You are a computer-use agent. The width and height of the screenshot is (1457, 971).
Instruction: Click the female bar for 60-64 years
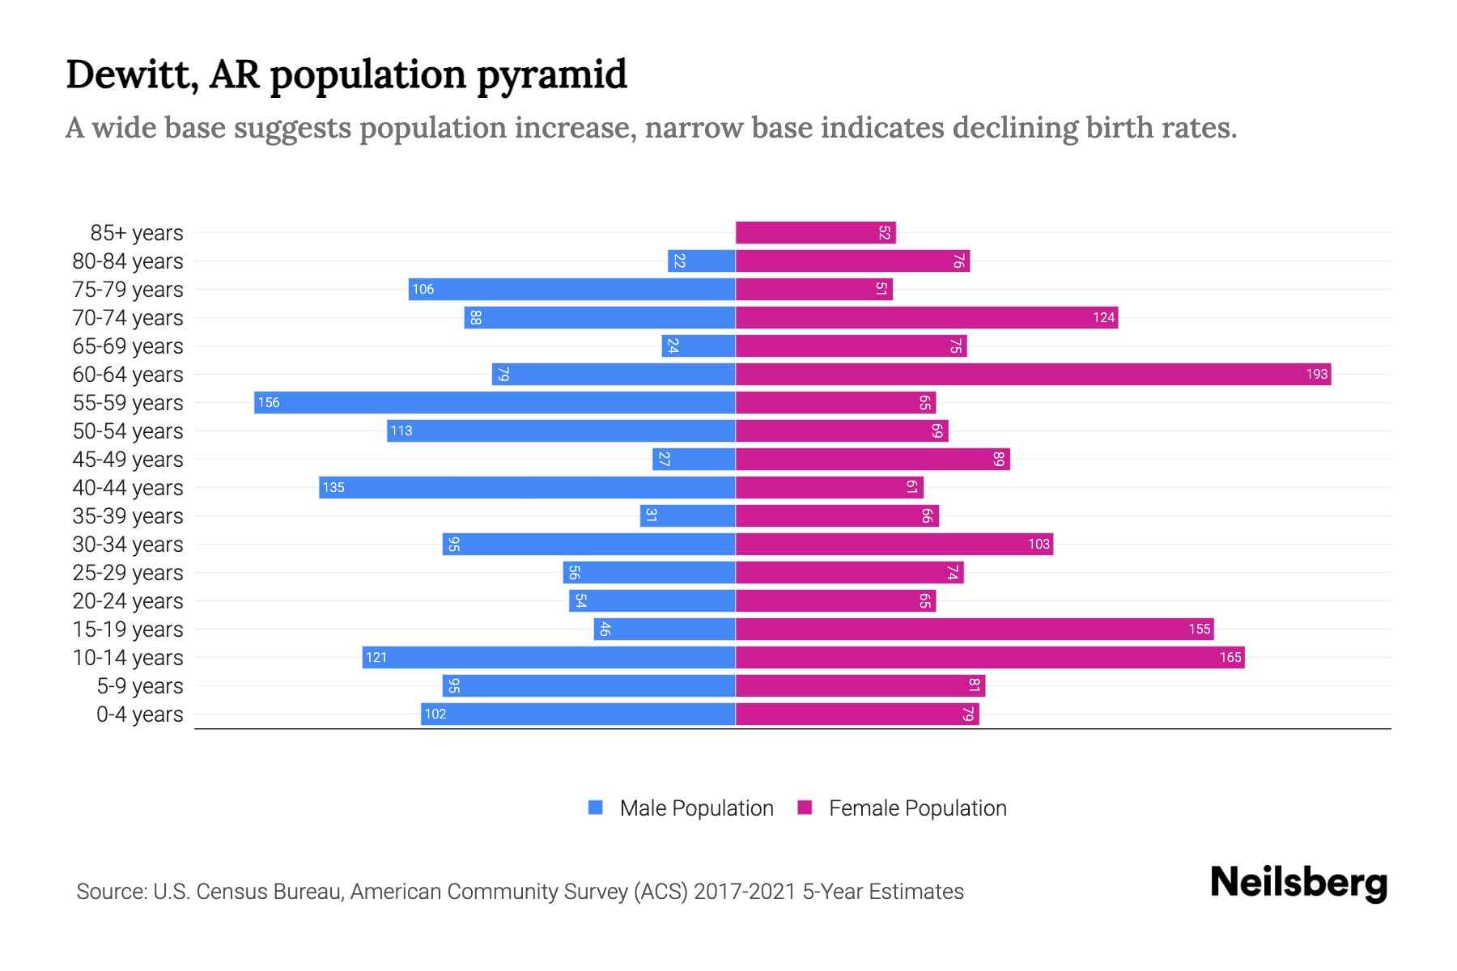coord(1032,374)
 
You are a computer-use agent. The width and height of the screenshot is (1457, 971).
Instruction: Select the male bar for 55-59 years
coord(494,402)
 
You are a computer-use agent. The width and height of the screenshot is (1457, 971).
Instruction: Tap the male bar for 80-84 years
coord(701,261)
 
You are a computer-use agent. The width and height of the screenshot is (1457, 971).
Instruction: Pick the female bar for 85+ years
coord(815,232)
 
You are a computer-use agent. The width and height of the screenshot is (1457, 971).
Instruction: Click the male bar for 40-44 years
coord(526,487)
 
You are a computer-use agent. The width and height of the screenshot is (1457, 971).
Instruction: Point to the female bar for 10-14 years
coord(989,657)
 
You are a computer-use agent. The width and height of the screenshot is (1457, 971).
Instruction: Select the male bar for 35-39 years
coord(687,515)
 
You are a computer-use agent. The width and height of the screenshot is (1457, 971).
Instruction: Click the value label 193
coord(1316,374)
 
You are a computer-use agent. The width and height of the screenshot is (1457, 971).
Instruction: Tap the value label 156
coord(269,402)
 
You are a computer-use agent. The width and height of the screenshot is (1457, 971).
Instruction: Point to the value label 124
coord(1103,317)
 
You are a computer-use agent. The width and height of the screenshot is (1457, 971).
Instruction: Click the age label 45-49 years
coord(128,459)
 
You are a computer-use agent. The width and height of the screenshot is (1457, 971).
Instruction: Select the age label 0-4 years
coord(139,714)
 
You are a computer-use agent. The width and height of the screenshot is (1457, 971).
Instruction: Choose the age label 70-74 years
coord(128,317)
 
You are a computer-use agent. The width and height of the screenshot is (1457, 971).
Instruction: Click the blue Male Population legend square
coord(596,808)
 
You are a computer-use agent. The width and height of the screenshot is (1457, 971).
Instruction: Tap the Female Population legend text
coord(917,808)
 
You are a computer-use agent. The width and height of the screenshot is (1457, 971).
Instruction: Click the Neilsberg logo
coord(1298,883)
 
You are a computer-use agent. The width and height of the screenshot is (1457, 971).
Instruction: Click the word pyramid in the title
coord(551,75)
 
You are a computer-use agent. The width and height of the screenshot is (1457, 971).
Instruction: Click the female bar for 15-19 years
coord(974,629)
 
